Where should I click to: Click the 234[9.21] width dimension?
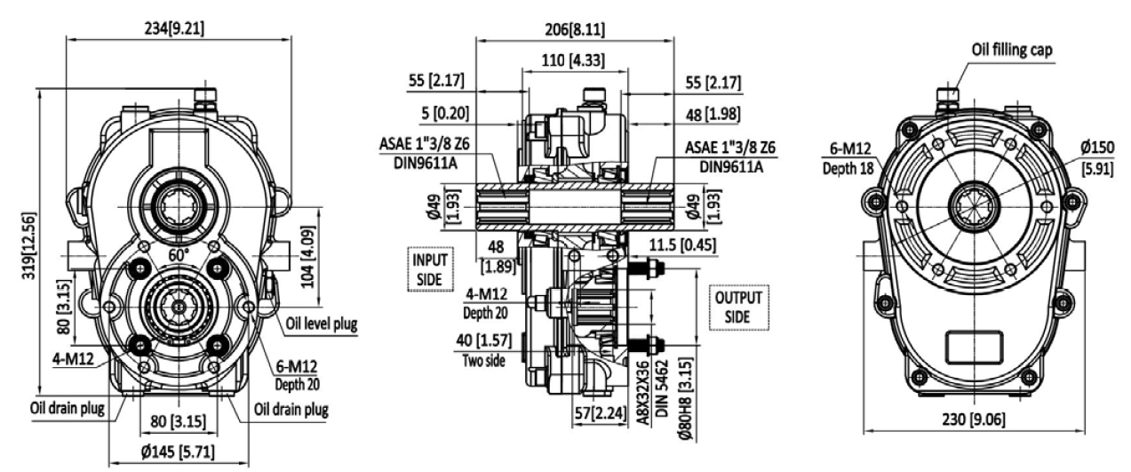pos(175,28)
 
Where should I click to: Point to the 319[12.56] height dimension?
pos(28,245)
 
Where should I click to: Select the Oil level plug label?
pos(321,324)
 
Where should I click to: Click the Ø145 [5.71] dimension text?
pos(178,452)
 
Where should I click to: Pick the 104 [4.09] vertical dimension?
pos(307,256)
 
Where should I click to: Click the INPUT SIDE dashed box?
pos(430,269)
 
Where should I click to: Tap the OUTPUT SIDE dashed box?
pos(738,308)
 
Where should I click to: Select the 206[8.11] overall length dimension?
pos(575,30)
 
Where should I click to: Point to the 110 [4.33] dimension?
pos(573,60)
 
